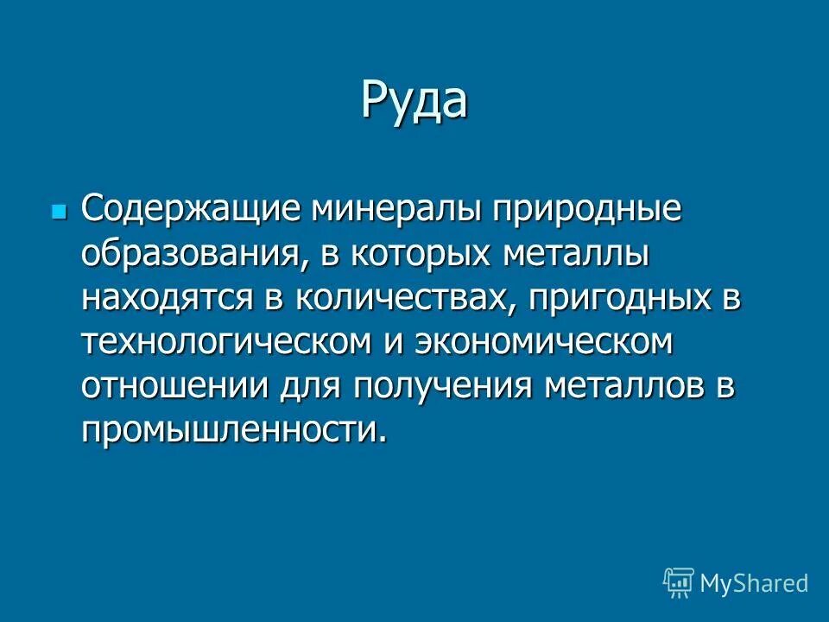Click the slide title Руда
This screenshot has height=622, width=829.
coord(414,101)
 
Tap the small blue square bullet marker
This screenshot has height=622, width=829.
coord(58,211)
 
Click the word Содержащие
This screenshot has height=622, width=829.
coord(193,210)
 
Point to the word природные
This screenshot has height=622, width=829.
coord(588,210)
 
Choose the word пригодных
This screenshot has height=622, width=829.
coord(614,298)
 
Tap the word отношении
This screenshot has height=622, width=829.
coord(174,386)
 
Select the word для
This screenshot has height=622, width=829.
coord(312,386)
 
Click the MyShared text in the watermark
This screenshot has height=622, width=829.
coord(754,583)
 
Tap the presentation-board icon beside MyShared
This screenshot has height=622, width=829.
coord(678,583)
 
